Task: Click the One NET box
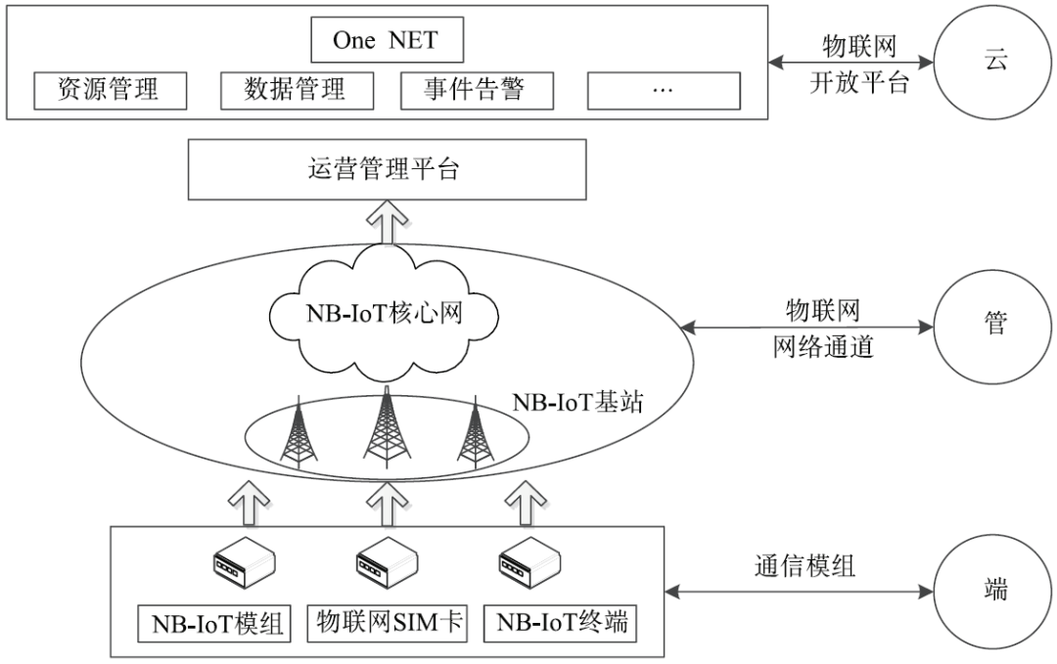[386, 40]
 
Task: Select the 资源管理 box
[110, 90]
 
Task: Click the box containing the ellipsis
[663, 90]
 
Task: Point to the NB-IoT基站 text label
[577, 402]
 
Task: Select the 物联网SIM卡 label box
[386, 622]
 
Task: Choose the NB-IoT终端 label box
[561, 622]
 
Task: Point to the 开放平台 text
[859, 82]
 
